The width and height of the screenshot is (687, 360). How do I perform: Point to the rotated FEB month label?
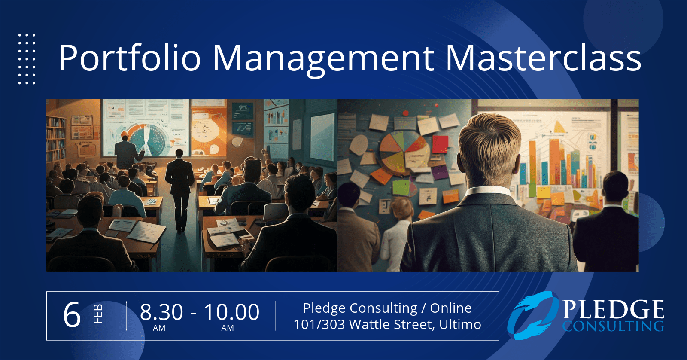[98, 314]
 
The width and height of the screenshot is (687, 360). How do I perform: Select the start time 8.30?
[161, 312]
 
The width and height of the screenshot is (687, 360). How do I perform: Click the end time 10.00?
[232, 312]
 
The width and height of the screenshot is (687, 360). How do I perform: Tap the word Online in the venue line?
[450, 308]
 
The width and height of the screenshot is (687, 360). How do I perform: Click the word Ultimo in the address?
[460, 324]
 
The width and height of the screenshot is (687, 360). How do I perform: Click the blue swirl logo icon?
[533, 315]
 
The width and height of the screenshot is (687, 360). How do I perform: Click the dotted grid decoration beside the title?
[27, 58]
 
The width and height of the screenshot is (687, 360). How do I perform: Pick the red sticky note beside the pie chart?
[440, 144]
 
